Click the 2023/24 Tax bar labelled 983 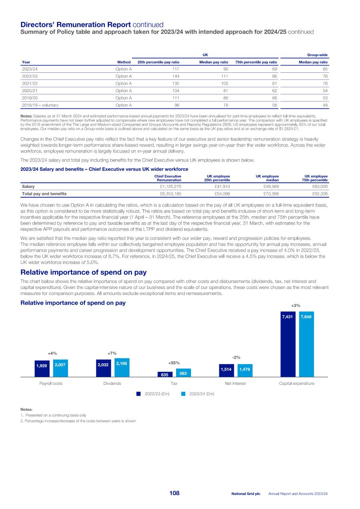(183, 373)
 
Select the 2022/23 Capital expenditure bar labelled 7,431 (287, 344)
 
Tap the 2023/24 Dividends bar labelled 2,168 (122, 368)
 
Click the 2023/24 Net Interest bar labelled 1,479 (245, 371)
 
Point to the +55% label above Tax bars (174, 362)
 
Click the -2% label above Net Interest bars (236, 357)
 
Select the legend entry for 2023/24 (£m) (198, 394)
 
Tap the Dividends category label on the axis (112, 383)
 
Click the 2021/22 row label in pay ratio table (30, 84)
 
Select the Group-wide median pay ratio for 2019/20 (325, 98)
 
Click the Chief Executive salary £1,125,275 (170, 186)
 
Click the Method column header (124, 62)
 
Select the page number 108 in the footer (174, 493)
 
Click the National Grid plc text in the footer (245, 494)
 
